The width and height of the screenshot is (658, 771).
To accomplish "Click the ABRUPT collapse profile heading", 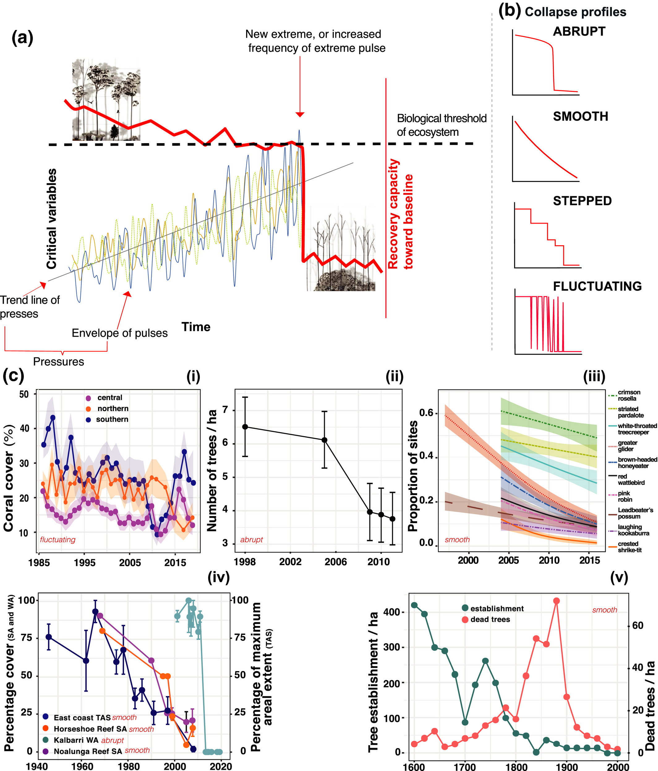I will (x=579, y=32).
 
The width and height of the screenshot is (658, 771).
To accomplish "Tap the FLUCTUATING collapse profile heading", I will (x=597, y=286).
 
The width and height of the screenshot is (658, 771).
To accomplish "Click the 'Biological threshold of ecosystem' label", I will (x=441, y=125).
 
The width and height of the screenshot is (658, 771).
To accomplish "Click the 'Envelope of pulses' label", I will (x=119, y=333).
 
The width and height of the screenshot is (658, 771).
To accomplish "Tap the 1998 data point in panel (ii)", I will (x=245, y=427).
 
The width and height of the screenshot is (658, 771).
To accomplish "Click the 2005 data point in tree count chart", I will (x=324, y=440).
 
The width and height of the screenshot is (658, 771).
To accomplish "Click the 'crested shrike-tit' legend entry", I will (x=630, y=547).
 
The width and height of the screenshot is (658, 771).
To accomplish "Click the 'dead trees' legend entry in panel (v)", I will (x=490, y=619).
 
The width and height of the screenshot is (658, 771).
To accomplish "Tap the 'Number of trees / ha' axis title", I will (x=211, y=470).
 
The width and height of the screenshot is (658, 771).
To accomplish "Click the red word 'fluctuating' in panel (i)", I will (x=58, y=540).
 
